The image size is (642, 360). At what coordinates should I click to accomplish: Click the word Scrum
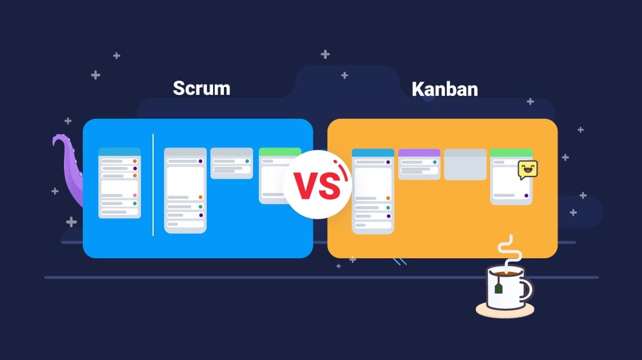pos(201,88)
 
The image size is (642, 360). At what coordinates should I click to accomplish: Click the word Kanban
pos(444,89)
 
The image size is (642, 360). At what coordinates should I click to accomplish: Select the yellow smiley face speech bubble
pos(528,170)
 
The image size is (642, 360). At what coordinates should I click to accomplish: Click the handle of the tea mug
pos(527,290)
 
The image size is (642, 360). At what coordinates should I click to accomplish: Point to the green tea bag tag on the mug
pos(498,289)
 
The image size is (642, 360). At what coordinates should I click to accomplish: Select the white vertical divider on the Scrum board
pos(153,184)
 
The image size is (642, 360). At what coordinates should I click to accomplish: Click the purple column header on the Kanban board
pos(419,153)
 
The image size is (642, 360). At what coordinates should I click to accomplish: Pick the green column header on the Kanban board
pos(511,153)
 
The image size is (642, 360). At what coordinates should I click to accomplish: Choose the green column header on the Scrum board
pos(280,152)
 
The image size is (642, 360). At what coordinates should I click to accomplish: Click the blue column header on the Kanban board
pos(373,153)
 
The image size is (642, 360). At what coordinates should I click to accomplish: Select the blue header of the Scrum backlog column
pos(119,151)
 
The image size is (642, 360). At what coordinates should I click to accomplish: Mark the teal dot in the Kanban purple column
pos(435,162)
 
